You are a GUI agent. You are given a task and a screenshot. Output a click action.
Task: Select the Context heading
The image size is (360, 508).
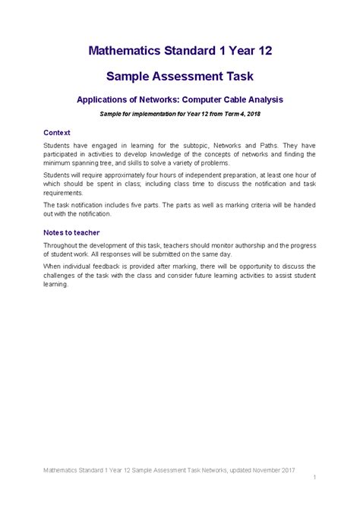(x=57, y=131)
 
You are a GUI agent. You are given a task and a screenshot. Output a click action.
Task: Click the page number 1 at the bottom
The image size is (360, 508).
(x=314, y=476)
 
